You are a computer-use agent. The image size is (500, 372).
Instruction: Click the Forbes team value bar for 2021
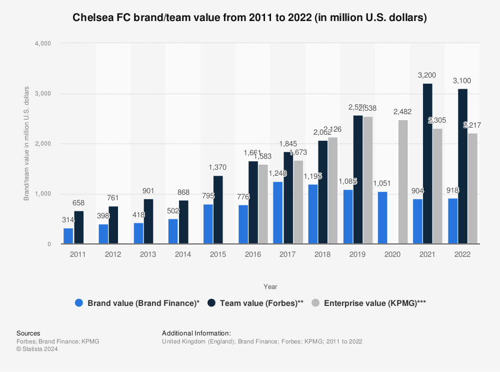click(427, 164)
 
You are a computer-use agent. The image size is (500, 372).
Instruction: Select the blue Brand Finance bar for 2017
click(278, 213)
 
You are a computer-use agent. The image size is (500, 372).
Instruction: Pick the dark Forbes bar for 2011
click(78, 227)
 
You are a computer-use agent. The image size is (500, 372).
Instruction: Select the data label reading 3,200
click(427, 75)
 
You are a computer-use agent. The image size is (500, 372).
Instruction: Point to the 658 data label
click(78, 203)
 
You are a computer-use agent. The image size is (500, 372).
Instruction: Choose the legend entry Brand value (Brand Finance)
click(137, 303)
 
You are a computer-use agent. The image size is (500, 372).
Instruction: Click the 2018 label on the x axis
click(323, 254)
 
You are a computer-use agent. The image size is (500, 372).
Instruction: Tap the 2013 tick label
click(148, 254)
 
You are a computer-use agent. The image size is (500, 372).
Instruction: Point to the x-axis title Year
click(270, 287)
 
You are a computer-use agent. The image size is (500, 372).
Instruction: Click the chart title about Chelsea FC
click(250, 18)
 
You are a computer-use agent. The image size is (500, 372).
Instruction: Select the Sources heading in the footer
click(28, 333)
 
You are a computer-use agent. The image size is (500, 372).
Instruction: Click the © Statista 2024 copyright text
click(37, 349)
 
